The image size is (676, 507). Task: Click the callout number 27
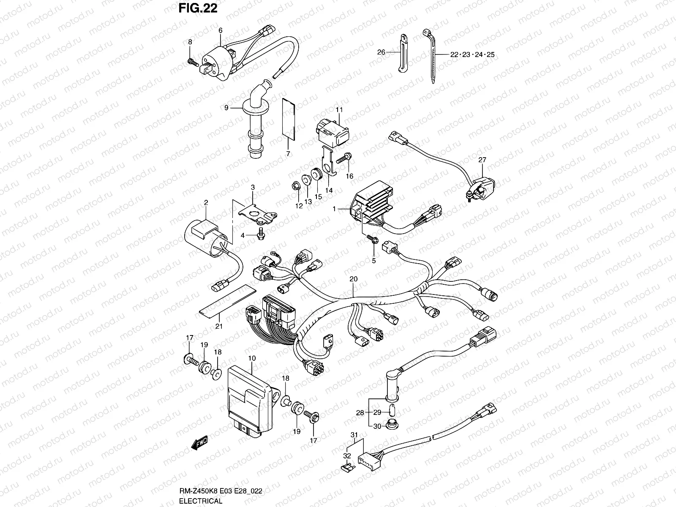pyautogui.click(x=482, y=160)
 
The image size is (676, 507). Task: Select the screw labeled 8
pyautogui.click(x=192, y=63)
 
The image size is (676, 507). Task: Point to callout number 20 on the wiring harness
pyautogui.click(x=353, y=279)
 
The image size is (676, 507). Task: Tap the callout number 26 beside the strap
pyautogui.click(x=381, y=53)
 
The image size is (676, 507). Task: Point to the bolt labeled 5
pyautogui.click(x=373, y=240)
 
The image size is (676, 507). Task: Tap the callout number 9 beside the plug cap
pyautogui.click(x=226, y=108)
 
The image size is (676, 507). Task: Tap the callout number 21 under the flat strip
pyautogui.click(x=219, y=326)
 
